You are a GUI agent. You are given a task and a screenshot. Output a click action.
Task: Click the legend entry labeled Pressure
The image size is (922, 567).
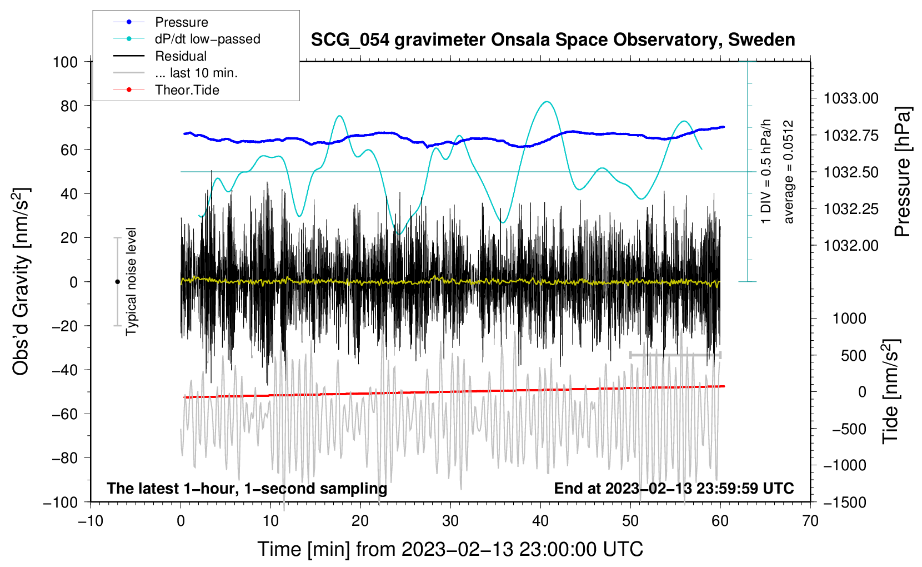[181, 22]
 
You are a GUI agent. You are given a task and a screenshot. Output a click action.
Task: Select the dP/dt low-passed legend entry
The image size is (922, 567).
[207, 39]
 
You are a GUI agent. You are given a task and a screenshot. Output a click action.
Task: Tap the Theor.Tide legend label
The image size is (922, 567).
[187, 90]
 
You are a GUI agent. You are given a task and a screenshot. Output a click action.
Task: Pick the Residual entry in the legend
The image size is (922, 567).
[181, 56]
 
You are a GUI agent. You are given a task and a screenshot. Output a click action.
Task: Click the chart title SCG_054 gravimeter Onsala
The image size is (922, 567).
[553, 40]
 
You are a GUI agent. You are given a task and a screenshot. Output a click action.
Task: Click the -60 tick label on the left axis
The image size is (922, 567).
[64, 414]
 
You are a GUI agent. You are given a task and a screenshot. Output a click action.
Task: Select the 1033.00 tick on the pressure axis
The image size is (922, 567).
[851, 99]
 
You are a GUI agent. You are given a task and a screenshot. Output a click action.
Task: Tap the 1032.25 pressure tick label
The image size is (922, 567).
[851, 209]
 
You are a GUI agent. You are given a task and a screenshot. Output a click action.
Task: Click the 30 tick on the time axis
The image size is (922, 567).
[450, 521]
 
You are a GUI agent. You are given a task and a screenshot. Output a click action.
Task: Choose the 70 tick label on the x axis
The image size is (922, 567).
[810, 521]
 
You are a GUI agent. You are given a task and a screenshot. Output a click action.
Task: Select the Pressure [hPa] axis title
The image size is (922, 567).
[903, 172]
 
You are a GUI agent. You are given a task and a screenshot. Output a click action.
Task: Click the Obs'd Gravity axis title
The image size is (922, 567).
[21, 282]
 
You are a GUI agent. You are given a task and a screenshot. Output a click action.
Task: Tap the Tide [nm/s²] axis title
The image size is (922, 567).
[890, 391]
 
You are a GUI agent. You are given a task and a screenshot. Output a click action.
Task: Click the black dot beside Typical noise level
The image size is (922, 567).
[117, 282]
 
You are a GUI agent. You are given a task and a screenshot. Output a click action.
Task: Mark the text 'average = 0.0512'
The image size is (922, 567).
[789, 172]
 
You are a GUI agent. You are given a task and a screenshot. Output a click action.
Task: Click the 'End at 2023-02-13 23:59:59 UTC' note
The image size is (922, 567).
[674, 489]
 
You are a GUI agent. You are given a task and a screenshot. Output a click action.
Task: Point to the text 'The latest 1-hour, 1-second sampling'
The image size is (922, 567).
[247, 489]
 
